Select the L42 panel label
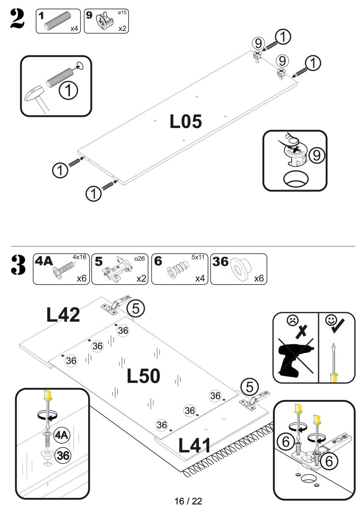pos(63,314)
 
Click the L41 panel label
pos(195,445)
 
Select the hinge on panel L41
pos(252,403)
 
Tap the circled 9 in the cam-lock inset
pos(315,156)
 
